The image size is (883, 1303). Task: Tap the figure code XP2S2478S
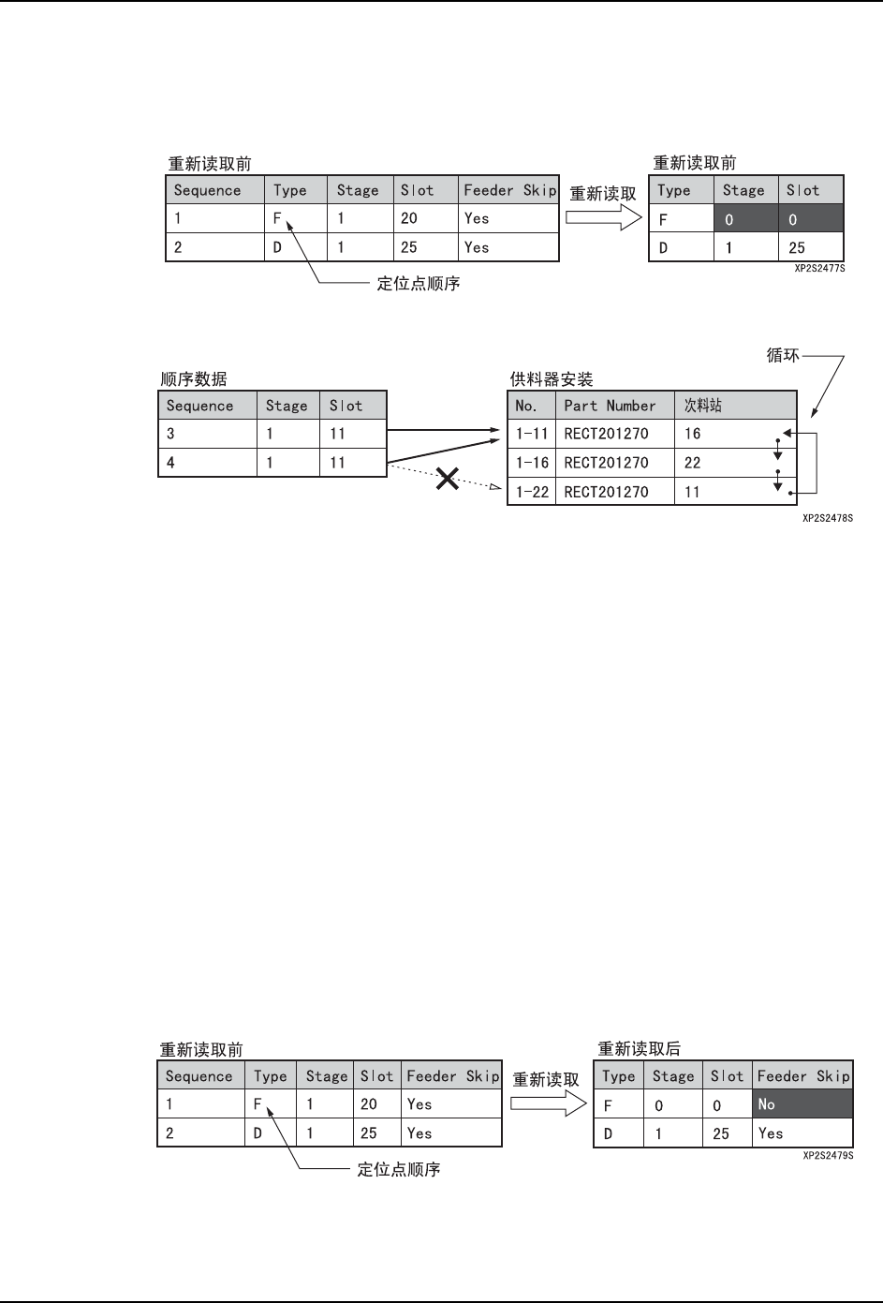828,517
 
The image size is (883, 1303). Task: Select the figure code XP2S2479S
828,1156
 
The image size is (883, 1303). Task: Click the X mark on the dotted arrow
449,479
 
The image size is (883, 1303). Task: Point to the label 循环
783,356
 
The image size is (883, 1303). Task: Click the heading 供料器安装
552,380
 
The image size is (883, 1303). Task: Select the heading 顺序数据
194,379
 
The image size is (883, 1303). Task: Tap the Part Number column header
609,406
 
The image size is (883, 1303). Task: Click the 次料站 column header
703,406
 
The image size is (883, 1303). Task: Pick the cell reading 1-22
532,492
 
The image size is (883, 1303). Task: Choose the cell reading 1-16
532,463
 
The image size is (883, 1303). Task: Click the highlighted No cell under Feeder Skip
802,1104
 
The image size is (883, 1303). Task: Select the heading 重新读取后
640,1050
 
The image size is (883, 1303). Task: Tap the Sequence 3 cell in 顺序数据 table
207,434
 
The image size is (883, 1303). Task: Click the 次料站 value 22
693,463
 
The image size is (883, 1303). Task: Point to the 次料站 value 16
693,434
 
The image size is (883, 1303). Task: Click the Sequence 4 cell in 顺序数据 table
207,463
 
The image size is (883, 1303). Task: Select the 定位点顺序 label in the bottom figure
398,1170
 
